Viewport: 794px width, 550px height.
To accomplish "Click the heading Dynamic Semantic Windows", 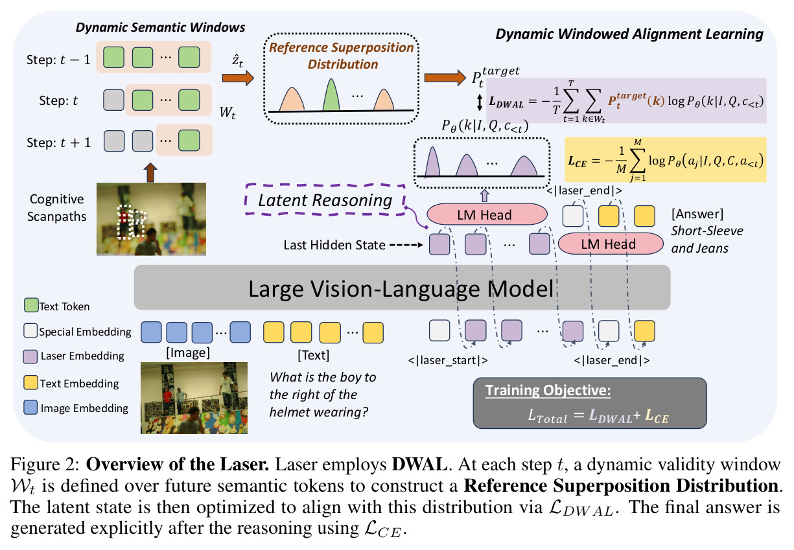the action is coord(160,28).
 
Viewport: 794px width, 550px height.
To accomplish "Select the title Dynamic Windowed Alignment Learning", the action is coord(629,34).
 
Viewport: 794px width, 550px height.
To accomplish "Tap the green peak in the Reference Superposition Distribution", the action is coord(331,95).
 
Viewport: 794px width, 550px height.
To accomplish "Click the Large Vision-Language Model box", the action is coord(402,288).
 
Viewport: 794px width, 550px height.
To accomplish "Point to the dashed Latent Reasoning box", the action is coord(325,200).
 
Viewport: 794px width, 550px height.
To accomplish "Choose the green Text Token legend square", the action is coord(31,305).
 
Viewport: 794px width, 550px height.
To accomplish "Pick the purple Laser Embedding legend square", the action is coord(30,356).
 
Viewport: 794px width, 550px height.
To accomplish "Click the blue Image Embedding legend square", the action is coord(30,407).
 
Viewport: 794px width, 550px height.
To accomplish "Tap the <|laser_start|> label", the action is coord(448,360).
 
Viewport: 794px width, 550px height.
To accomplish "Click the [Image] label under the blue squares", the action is coord(188,353).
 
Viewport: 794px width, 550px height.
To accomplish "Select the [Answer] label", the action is coord(697,214).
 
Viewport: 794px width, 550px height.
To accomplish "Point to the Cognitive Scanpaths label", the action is coord(57,208).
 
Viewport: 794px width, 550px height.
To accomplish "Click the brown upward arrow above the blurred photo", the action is coord(150,172).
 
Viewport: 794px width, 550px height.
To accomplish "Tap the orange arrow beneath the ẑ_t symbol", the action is coord(238,78).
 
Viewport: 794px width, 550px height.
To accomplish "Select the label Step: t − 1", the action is coord(58,60).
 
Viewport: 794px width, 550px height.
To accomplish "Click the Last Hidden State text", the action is coord(334,245).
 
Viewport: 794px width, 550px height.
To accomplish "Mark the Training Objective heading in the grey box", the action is coord(548,391).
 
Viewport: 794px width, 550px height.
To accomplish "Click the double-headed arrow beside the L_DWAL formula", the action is coord(479,102).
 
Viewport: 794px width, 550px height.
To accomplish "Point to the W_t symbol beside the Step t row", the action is coord(228,113).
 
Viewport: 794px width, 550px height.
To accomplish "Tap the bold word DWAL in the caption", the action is coord(419,464).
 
